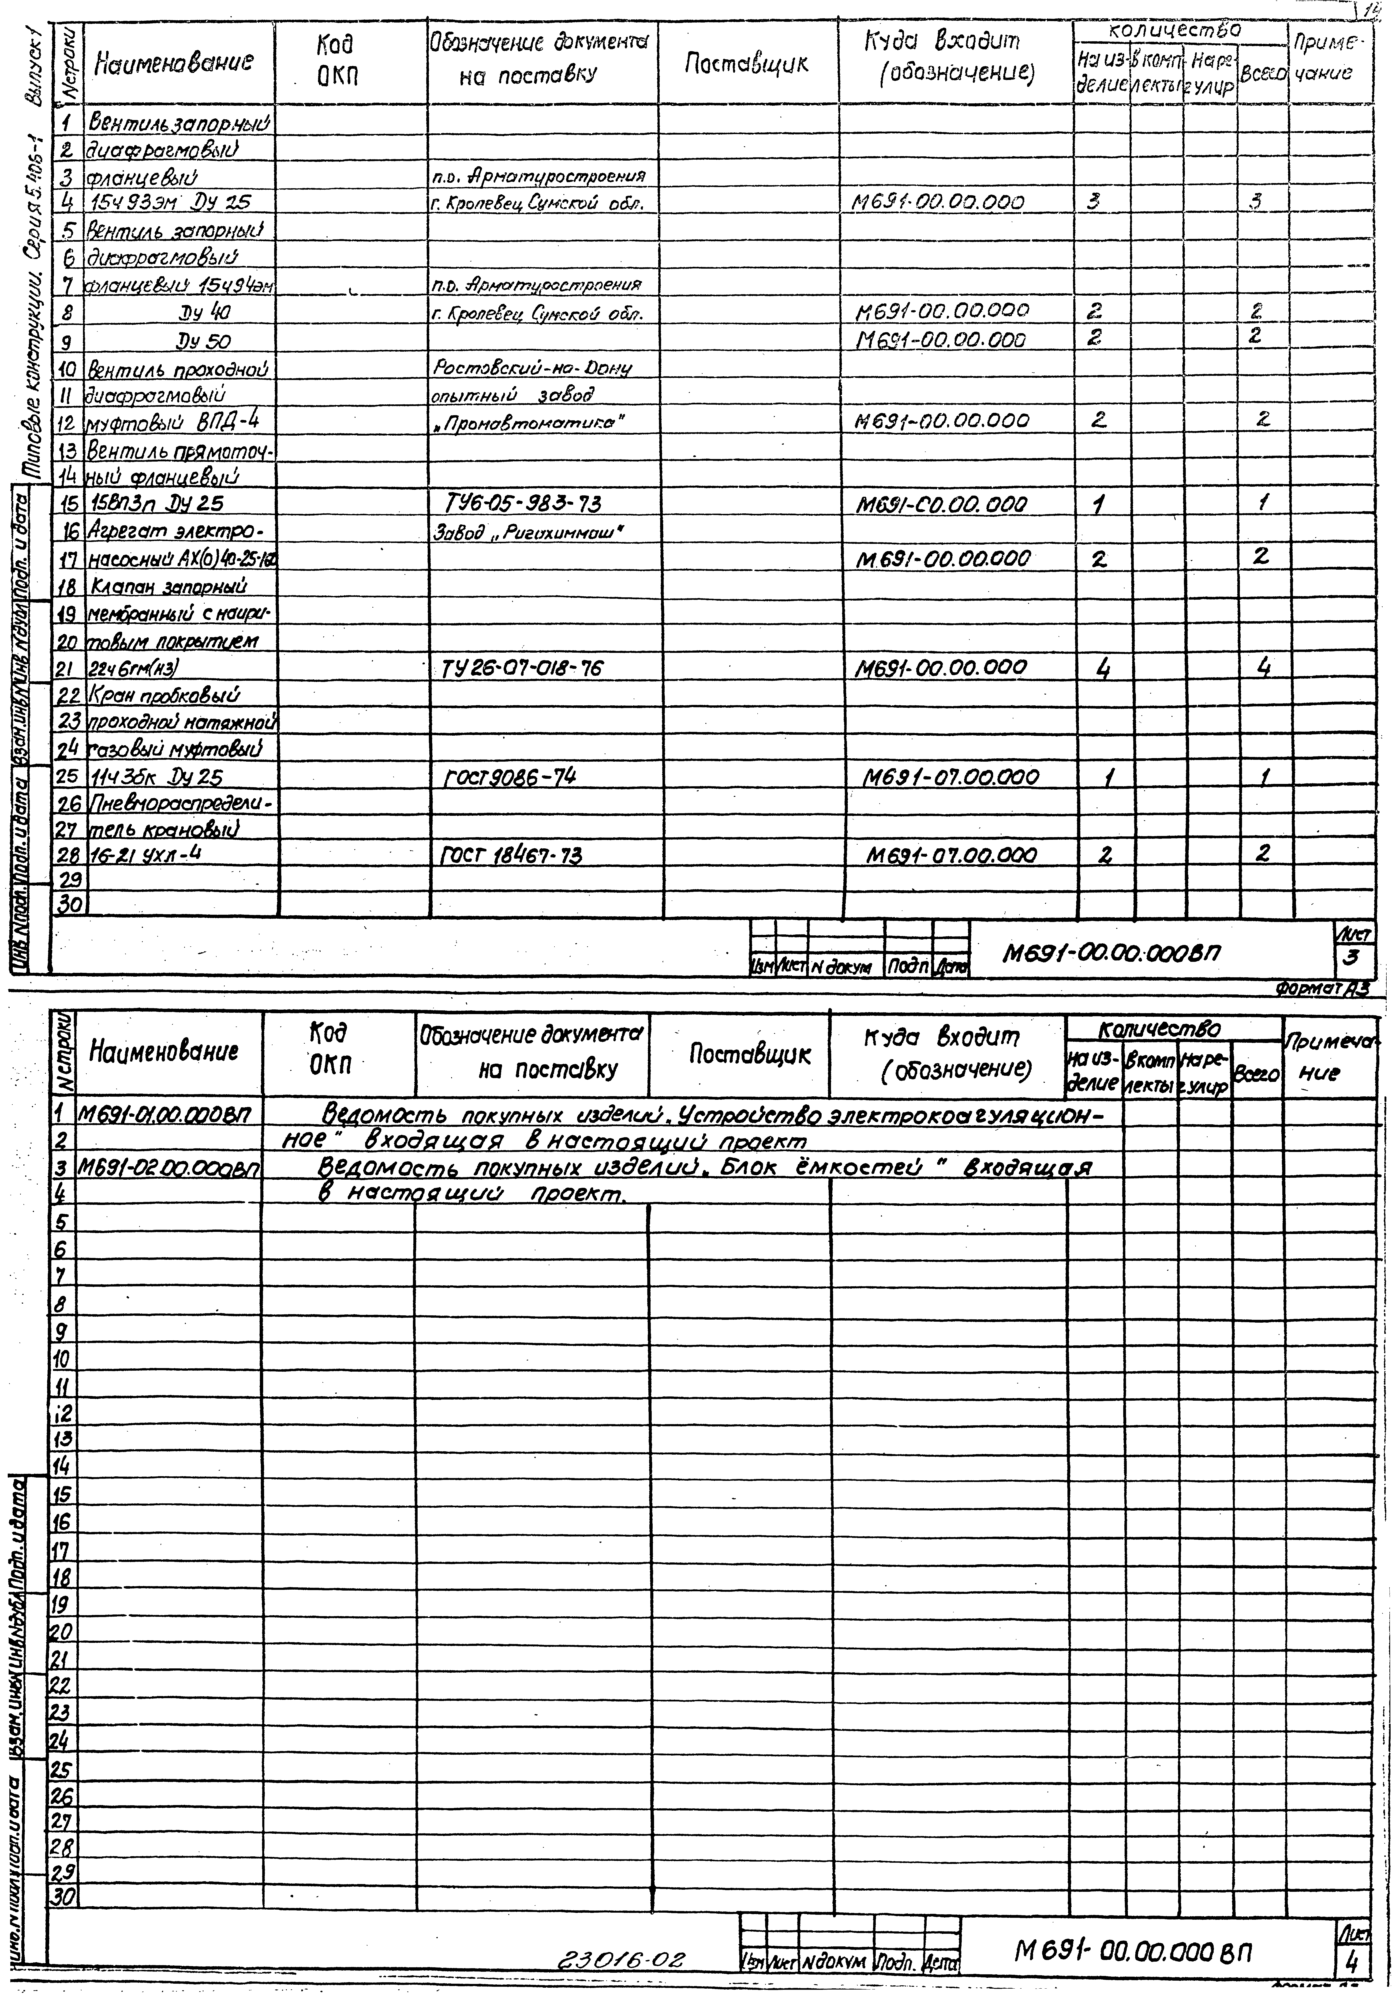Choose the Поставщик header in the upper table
(747, 63)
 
